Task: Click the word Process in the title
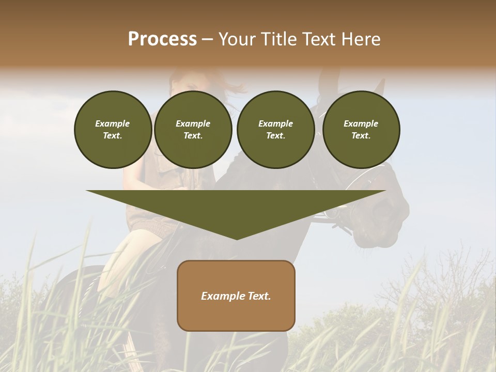coord(162,39)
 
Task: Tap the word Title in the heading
coord(277,39)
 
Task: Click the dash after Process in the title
coord(207,40)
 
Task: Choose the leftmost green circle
coord(113,129)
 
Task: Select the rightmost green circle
coord(361,129)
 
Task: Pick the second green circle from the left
coord(193,129)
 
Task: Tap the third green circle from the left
coord(275,129)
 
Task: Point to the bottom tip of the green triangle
coord(237,238)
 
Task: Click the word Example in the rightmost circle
coord(361,123)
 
